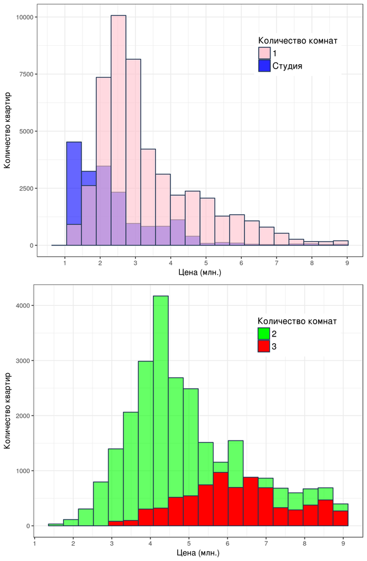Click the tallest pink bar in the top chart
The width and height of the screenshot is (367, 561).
point(118,122)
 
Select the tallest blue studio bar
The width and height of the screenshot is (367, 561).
point(74,184)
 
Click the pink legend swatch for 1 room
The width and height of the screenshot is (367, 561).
point(264,53)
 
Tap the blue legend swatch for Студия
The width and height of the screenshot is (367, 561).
point(264,65)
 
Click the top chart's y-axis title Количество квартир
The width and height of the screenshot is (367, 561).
point(8,131)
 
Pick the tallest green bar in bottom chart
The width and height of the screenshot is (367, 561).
point(161,398)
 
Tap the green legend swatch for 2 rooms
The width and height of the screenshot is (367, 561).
point(264,333)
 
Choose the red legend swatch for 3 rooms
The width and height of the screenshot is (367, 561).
point(264,346)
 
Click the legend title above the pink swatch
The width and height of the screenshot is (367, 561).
point(297,41)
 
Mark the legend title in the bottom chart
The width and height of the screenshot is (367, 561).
point(297,321)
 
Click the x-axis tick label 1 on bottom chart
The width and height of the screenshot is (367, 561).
point(35,543)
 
